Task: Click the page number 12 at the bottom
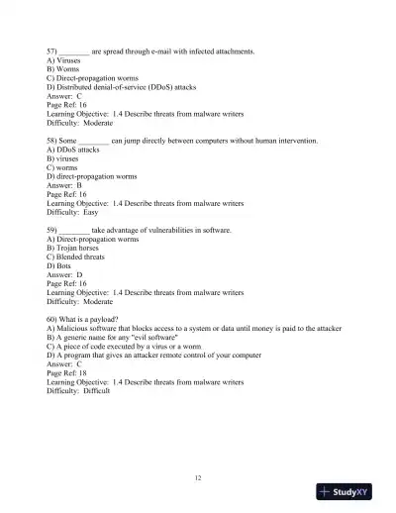point(198,478)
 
